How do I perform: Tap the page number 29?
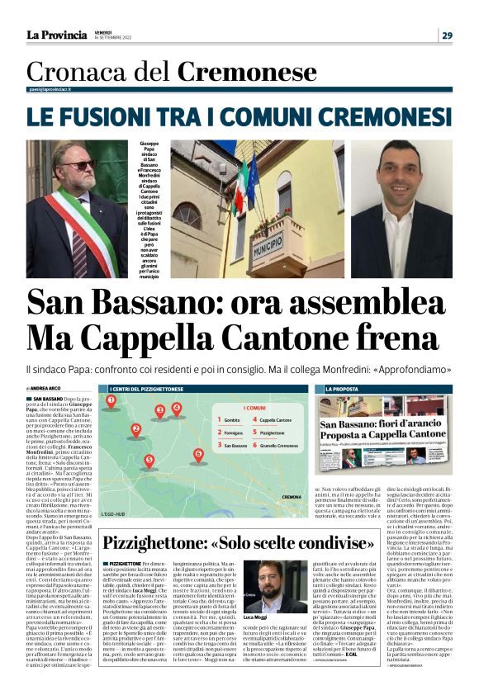447,35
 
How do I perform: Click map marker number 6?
197,455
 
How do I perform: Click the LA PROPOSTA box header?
341,388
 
